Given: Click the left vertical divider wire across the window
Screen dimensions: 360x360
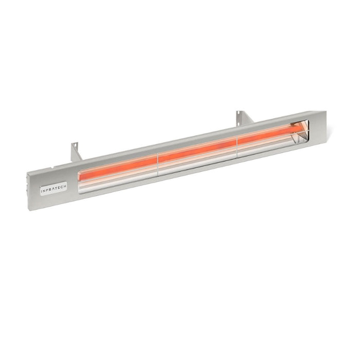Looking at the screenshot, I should click(157, 164).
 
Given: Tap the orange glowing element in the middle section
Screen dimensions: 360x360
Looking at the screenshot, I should click(197, 150).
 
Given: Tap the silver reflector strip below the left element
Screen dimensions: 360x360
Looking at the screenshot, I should click(118, 177).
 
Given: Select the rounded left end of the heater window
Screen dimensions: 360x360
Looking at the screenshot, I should click(80, 182).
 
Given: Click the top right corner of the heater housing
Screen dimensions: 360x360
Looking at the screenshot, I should click(325, 111).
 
